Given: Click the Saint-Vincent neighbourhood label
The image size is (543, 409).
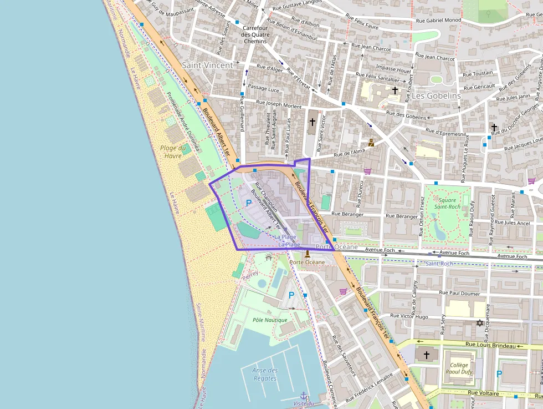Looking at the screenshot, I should coord(208,65).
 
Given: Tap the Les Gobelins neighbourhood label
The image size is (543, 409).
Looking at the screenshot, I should coord(436,95).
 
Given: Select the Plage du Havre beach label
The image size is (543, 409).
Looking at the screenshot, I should coord(172,152).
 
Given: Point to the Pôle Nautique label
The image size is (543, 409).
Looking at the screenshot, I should coord(270,320).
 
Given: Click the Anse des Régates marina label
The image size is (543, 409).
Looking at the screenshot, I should coord(265,375).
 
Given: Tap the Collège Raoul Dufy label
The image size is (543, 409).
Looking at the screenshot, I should coord(459,368).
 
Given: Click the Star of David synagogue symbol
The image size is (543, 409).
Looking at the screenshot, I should coord(480,323).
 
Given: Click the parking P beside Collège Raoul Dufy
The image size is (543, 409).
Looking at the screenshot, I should coord(499,373).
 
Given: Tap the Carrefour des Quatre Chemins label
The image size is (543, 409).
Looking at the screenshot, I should coord(255,34).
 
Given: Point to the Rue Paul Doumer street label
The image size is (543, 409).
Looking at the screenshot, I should coord(459,292).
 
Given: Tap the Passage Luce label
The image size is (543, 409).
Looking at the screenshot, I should coord(263,88).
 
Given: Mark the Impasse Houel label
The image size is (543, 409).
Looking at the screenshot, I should coord(393,70).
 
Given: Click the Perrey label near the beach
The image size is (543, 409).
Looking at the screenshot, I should coord(250,274).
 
